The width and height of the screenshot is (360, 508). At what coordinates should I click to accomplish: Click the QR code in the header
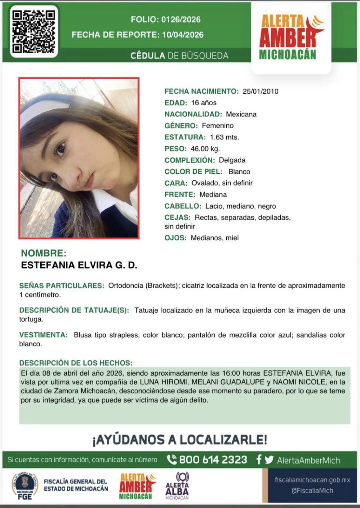(x=34, y=31)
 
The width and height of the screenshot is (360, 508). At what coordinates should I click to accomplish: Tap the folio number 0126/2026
(x=181, y=20)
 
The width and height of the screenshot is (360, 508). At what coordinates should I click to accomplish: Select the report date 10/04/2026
(x=183, y=35)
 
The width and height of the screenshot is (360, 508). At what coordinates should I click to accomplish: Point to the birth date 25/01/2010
(x=260, y=91)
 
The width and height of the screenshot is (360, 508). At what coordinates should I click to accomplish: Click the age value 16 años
(x=203, y=103)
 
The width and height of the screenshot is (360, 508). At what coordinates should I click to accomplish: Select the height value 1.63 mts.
(x=224, y=137)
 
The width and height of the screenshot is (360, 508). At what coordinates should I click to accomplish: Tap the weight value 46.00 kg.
(x=205, y=149)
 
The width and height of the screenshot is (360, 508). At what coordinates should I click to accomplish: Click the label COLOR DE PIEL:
(x=193, y=172)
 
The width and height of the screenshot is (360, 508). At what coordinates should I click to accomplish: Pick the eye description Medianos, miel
(x=215, y=238)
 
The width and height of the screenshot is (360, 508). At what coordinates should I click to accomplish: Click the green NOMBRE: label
(x=44, y=253)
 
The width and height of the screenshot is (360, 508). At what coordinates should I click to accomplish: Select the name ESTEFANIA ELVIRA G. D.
(x=79, y=265)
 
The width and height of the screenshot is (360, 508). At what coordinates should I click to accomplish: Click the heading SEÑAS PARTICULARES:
(x=62, y=286)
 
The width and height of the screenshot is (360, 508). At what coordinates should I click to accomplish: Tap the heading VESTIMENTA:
(x=43, y=335)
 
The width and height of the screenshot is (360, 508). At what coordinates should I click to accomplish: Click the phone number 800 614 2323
(x=213, y=460)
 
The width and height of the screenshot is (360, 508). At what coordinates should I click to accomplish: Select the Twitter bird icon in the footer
(x=269, y=460)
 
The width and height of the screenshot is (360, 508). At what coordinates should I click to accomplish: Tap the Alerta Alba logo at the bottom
(x=177, y=486)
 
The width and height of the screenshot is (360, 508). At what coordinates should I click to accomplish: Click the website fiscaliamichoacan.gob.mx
(x=312, y=480)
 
